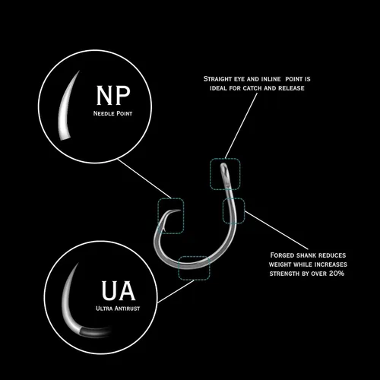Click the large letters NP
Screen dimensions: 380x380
pyautogui.click(x=113, y=95)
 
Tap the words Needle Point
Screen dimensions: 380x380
pyautogui.click(x=112, y=113)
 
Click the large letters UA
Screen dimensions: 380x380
pyautogui.click(x=119, y=290)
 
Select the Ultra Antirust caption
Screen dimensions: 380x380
pyautogui.click(x=118, y=309)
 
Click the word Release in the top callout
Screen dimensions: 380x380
pyautogui.click(x=291, y=88)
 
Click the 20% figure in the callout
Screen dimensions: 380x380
pyautogui.click(x=337, y=274)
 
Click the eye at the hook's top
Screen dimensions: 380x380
pyautogui.click(x=224, y=169)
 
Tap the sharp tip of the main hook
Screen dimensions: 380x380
pyautogui.click(x=180, y=210)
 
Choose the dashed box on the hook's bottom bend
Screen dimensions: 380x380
pyautogui.click(x=195, y=256)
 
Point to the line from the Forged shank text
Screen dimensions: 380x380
pyautogui.click(x=277, y=230)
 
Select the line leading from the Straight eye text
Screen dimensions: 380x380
pyautogui.click(x=241, y=125)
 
